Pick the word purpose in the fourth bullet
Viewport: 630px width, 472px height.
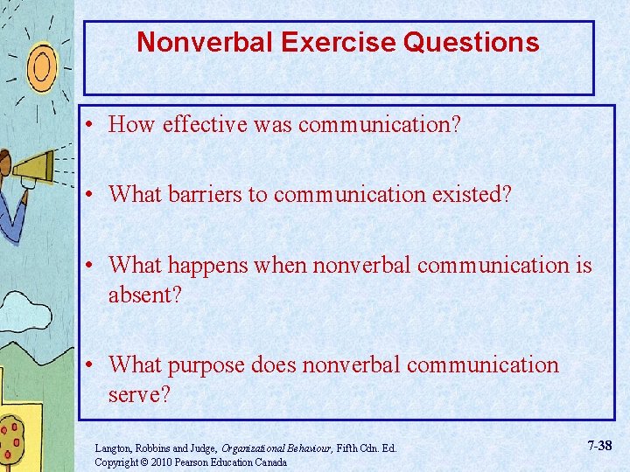point(210,364)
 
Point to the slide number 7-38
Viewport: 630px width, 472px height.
point(599,446)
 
